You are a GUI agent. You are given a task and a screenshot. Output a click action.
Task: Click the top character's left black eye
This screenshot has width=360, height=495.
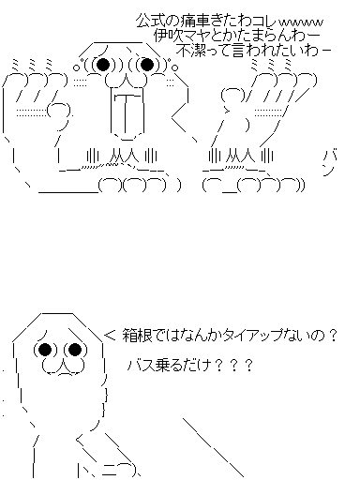coord(103,65)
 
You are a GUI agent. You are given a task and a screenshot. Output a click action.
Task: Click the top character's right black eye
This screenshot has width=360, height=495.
coord(147,65)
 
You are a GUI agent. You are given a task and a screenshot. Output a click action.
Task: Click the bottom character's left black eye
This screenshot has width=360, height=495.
coord(45,349)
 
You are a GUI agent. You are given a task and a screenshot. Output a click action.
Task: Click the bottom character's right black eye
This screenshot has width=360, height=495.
coord(75,349)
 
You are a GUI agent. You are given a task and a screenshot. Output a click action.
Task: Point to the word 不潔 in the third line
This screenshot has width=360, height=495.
coord(187,51)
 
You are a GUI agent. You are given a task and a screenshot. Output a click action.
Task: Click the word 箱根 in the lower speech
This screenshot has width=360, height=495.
coord(134,336)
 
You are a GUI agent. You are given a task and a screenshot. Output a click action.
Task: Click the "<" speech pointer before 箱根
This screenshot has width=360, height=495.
coord(110,336)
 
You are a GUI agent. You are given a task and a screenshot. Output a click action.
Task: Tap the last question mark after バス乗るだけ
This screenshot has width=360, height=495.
coord(248,366)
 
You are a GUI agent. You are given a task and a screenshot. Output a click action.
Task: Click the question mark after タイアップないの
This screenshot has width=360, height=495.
coord(332,336)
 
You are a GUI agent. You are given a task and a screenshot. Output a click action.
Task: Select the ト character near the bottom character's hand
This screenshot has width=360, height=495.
coord(82,471)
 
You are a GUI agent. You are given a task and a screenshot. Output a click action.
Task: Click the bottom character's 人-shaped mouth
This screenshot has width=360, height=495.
coord(64,367)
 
